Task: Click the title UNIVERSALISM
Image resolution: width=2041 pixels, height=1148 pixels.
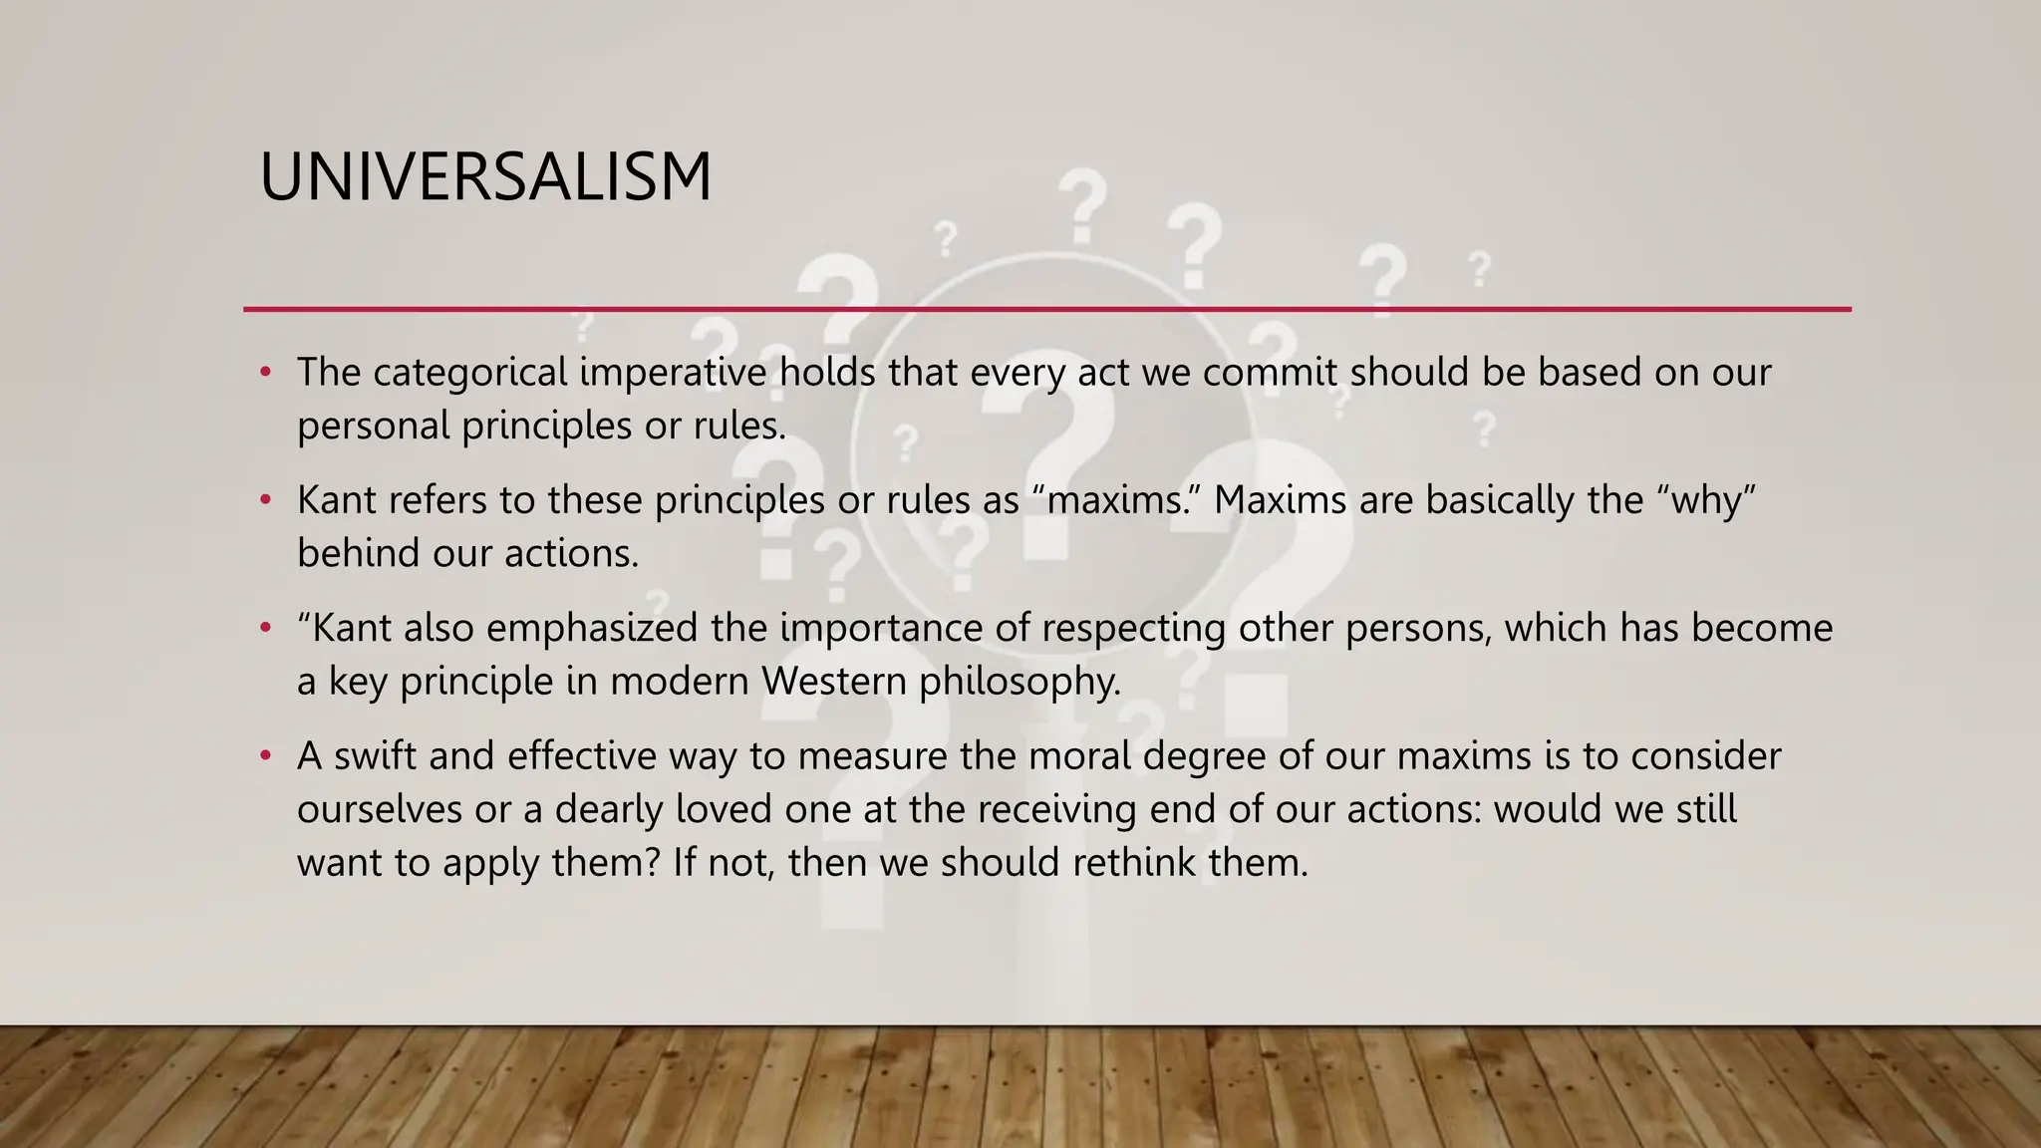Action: pyautogui.click(x=485, y=177)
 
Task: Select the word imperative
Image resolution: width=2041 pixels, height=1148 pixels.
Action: pyautogui.click(x=673, y=373)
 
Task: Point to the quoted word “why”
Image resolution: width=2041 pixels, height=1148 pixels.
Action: pyautogui.click(x=1705, y=500)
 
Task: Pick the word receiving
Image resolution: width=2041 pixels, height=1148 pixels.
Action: pyautogui.click(x=1055, y=809)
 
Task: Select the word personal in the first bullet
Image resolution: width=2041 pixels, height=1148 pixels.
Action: pyautogui.click(x=374, y=427)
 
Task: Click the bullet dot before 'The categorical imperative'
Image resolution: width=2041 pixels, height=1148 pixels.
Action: pyautogui.click(x=265, y=373)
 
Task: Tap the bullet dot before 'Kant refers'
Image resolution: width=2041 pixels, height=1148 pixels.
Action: pyautogui.click(x=265, y=500)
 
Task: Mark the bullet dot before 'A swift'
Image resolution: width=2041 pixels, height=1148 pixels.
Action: pyautogui.click(x=265, y=756)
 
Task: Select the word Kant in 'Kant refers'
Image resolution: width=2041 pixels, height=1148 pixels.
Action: pyautogui.click(x=337, y=500)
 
